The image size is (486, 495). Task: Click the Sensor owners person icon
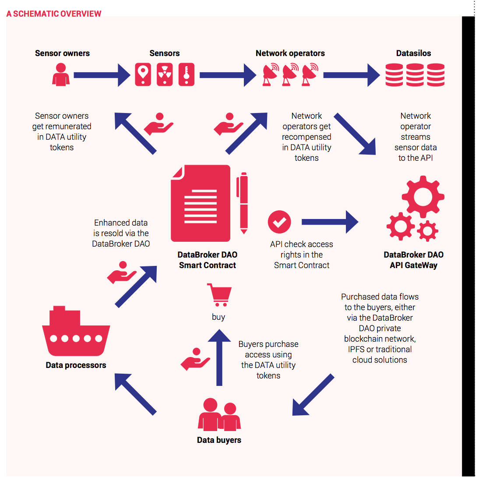(x=61, y=74)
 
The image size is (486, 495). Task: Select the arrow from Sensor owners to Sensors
(x=102, y=75)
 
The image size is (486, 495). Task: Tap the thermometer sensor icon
(x=186, y=74)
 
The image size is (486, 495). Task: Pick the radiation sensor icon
(x=165, y=74)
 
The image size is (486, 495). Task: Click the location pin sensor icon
(x=143, y=74)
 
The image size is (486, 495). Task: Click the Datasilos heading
(x=413, y=53)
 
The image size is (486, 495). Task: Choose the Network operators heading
(x=290, y=53)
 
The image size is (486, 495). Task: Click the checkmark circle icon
(x=279, y=222)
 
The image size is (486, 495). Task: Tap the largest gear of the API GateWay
(x=423, y=196)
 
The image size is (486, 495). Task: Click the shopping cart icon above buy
(x=219, y=295)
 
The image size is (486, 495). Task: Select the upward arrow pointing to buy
(x=219, y=357)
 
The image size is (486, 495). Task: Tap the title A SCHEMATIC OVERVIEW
(x=54, y=14)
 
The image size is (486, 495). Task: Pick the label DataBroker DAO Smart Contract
(x=208, y=260)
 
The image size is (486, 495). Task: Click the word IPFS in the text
(x=356, y=350)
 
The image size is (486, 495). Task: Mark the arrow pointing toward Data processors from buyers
(x=135, y=394)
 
